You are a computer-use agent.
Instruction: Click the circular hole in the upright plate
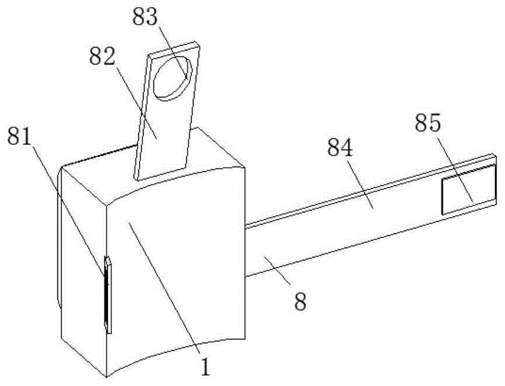point(173,77)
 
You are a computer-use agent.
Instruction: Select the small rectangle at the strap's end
point(466,190)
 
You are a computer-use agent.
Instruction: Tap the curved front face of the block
point(176,276)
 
